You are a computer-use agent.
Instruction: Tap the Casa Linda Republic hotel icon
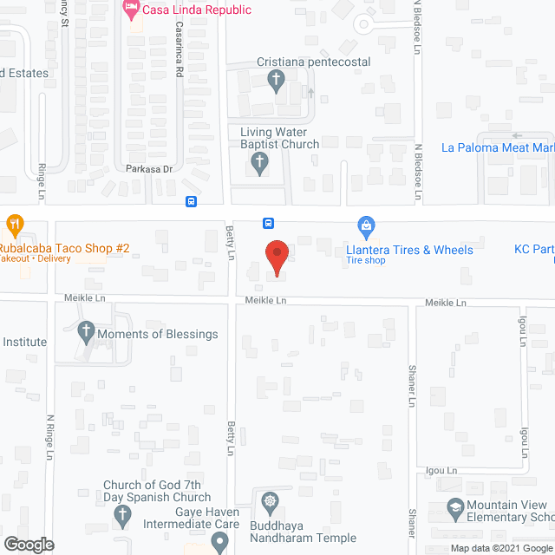[131, 10]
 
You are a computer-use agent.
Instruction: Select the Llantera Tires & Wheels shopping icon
[366, 228]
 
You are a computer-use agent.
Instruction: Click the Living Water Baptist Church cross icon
[258, 161]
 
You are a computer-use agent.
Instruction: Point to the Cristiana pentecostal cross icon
[276, 82]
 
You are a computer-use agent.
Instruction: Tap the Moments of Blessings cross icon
[85, 330]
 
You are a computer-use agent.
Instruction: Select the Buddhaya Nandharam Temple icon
[271, 501]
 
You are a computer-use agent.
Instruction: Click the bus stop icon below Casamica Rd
[191, 202]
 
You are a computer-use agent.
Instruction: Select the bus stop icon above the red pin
[269, 222]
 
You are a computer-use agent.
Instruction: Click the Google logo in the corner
[28, 545]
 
